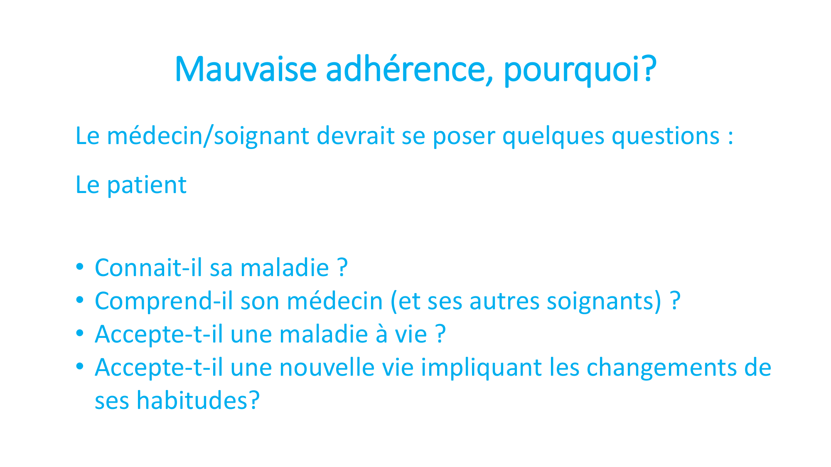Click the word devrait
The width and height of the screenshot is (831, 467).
[x=355, y=136]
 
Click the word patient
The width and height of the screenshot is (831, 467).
[x=147, y=185]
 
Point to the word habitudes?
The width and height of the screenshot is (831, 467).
[x=198, y=401]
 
